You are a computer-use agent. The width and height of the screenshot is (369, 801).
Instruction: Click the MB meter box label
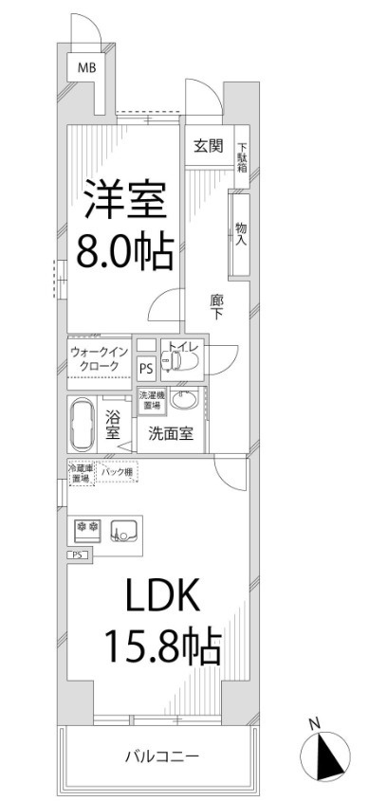pos(87,67)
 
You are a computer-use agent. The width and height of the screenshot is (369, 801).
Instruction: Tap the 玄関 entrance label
pos(209,146)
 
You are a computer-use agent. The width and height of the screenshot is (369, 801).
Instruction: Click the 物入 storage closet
pos(241,233)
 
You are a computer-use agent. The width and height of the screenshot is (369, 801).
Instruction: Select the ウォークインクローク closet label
pos(96,358)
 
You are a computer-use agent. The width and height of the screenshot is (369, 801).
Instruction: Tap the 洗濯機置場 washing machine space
pos(151,401)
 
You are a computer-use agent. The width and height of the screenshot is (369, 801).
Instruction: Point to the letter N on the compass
pos(315,727)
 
